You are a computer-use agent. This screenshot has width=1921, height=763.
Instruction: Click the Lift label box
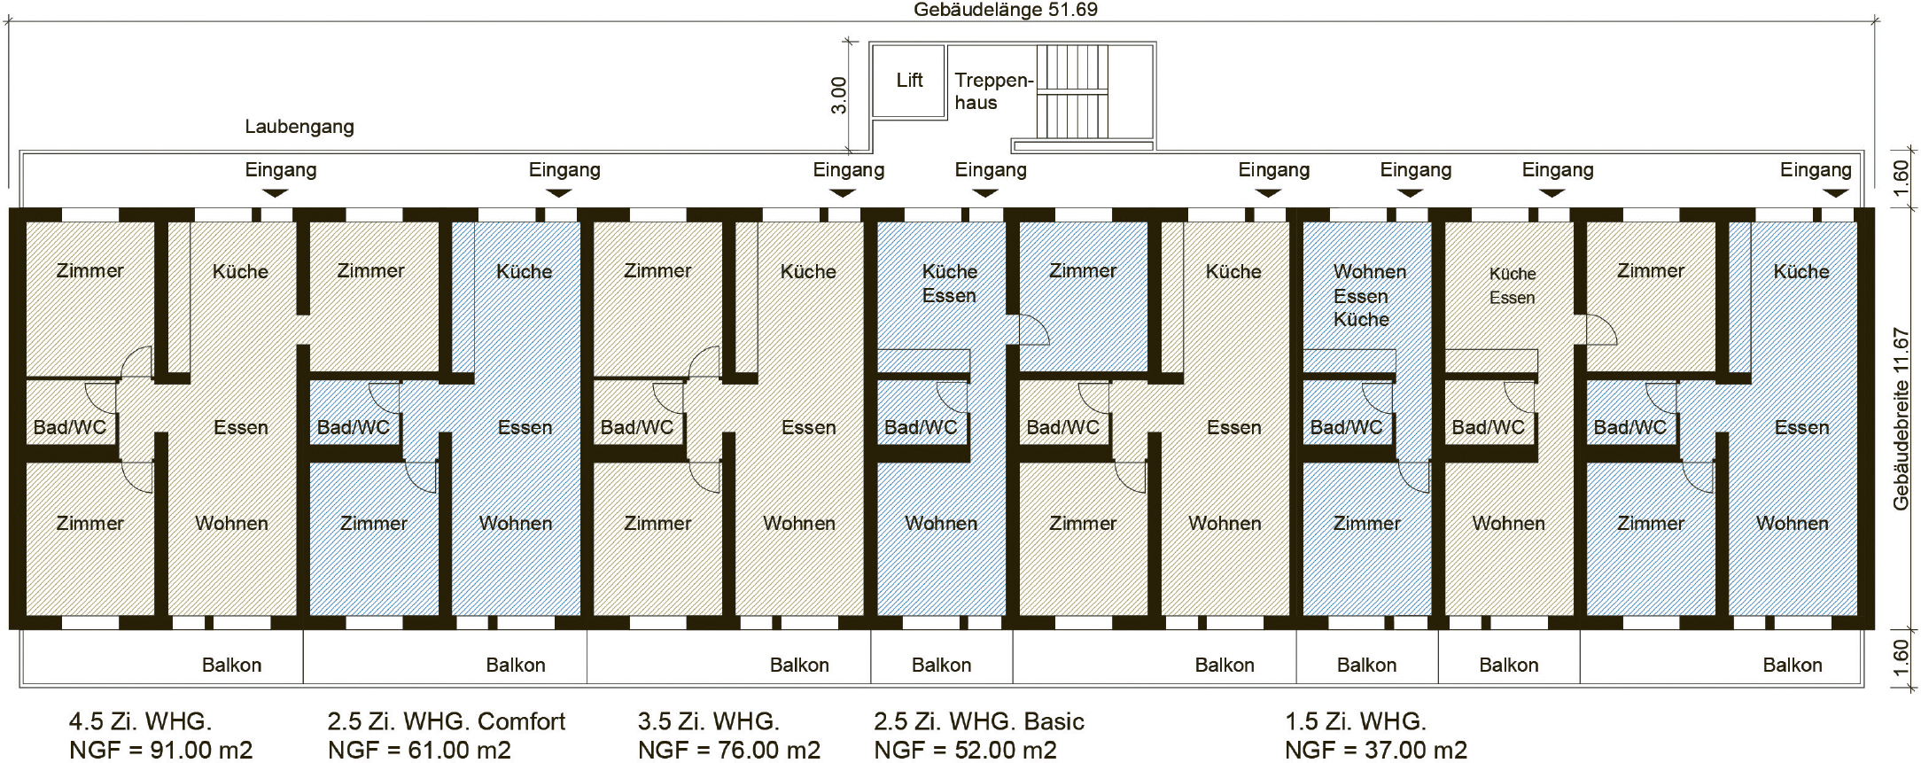coord(909,81)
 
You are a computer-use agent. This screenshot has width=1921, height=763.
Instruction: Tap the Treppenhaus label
coord(993,91)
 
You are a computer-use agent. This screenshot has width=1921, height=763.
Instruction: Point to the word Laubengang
coord(299,127)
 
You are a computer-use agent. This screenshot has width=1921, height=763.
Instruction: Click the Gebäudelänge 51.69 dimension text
coord(1006,10)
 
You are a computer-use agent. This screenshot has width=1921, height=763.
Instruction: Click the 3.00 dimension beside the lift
coord(838,96)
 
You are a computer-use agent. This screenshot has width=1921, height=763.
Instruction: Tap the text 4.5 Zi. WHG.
coord(140,721)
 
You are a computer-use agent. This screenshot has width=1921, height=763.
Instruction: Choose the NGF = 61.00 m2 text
coord(419,751)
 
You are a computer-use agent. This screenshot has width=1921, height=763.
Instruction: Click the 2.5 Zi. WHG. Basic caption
coord(978,721)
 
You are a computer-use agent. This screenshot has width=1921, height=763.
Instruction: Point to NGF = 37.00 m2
coord(1375,751)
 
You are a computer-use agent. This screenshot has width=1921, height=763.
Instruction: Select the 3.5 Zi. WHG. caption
coord(708,721)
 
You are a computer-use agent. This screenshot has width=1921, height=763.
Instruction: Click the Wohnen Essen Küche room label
coord(1368,295)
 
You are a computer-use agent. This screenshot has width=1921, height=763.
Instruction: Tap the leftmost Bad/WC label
coord(70,427)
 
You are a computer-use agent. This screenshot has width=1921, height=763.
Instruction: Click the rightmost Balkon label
coord(1792,666)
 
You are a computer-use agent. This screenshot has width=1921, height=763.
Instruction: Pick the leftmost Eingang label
coord(281,169)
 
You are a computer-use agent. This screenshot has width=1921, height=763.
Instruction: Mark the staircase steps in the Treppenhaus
coord(1072,91)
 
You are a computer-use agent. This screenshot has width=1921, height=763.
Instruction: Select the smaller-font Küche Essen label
coord(1512,285)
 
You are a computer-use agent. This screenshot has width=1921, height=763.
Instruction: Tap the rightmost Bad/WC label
coord(1629,427)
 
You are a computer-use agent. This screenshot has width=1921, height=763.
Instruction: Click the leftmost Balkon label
coord(231,666)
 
